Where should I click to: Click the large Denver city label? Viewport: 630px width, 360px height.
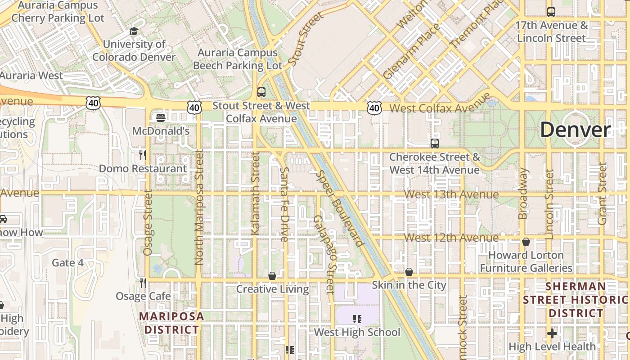[x=576, y=130]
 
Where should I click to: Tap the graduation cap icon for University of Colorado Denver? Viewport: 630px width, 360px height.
[x=134, y=31]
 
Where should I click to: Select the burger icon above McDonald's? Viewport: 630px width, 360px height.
[x=161, y=118]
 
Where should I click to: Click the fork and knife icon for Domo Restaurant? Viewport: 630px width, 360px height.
[x=143, y=155]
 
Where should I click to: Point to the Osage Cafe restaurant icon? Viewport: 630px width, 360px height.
[x=143, y=283]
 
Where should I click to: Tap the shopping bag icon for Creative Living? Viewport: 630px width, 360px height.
[x=272, y=275]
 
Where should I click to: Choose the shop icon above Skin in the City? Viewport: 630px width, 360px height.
[x=409, y=272]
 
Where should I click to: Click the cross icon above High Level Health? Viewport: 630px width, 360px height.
[x=552, y=333]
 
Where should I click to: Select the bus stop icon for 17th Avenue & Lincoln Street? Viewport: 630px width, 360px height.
[x=551, y=12]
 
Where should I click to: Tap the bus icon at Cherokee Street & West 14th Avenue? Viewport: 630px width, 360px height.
[x=434, y=144]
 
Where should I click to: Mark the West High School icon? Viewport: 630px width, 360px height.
[x=357, y=319]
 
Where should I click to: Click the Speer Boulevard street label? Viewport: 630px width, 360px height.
[x=340, y=209]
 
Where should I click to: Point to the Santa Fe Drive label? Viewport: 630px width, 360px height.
[x=284, y=204]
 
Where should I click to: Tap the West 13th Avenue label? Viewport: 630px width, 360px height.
[x=451, y=194]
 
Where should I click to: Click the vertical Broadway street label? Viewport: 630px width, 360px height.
[x=523, y=193]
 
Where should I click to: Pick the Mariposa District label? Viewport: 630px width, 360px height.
[x=171, y=323]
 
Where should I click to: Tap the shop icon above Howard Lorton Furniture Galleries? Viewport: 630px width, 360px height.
[x=526, y=242]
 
